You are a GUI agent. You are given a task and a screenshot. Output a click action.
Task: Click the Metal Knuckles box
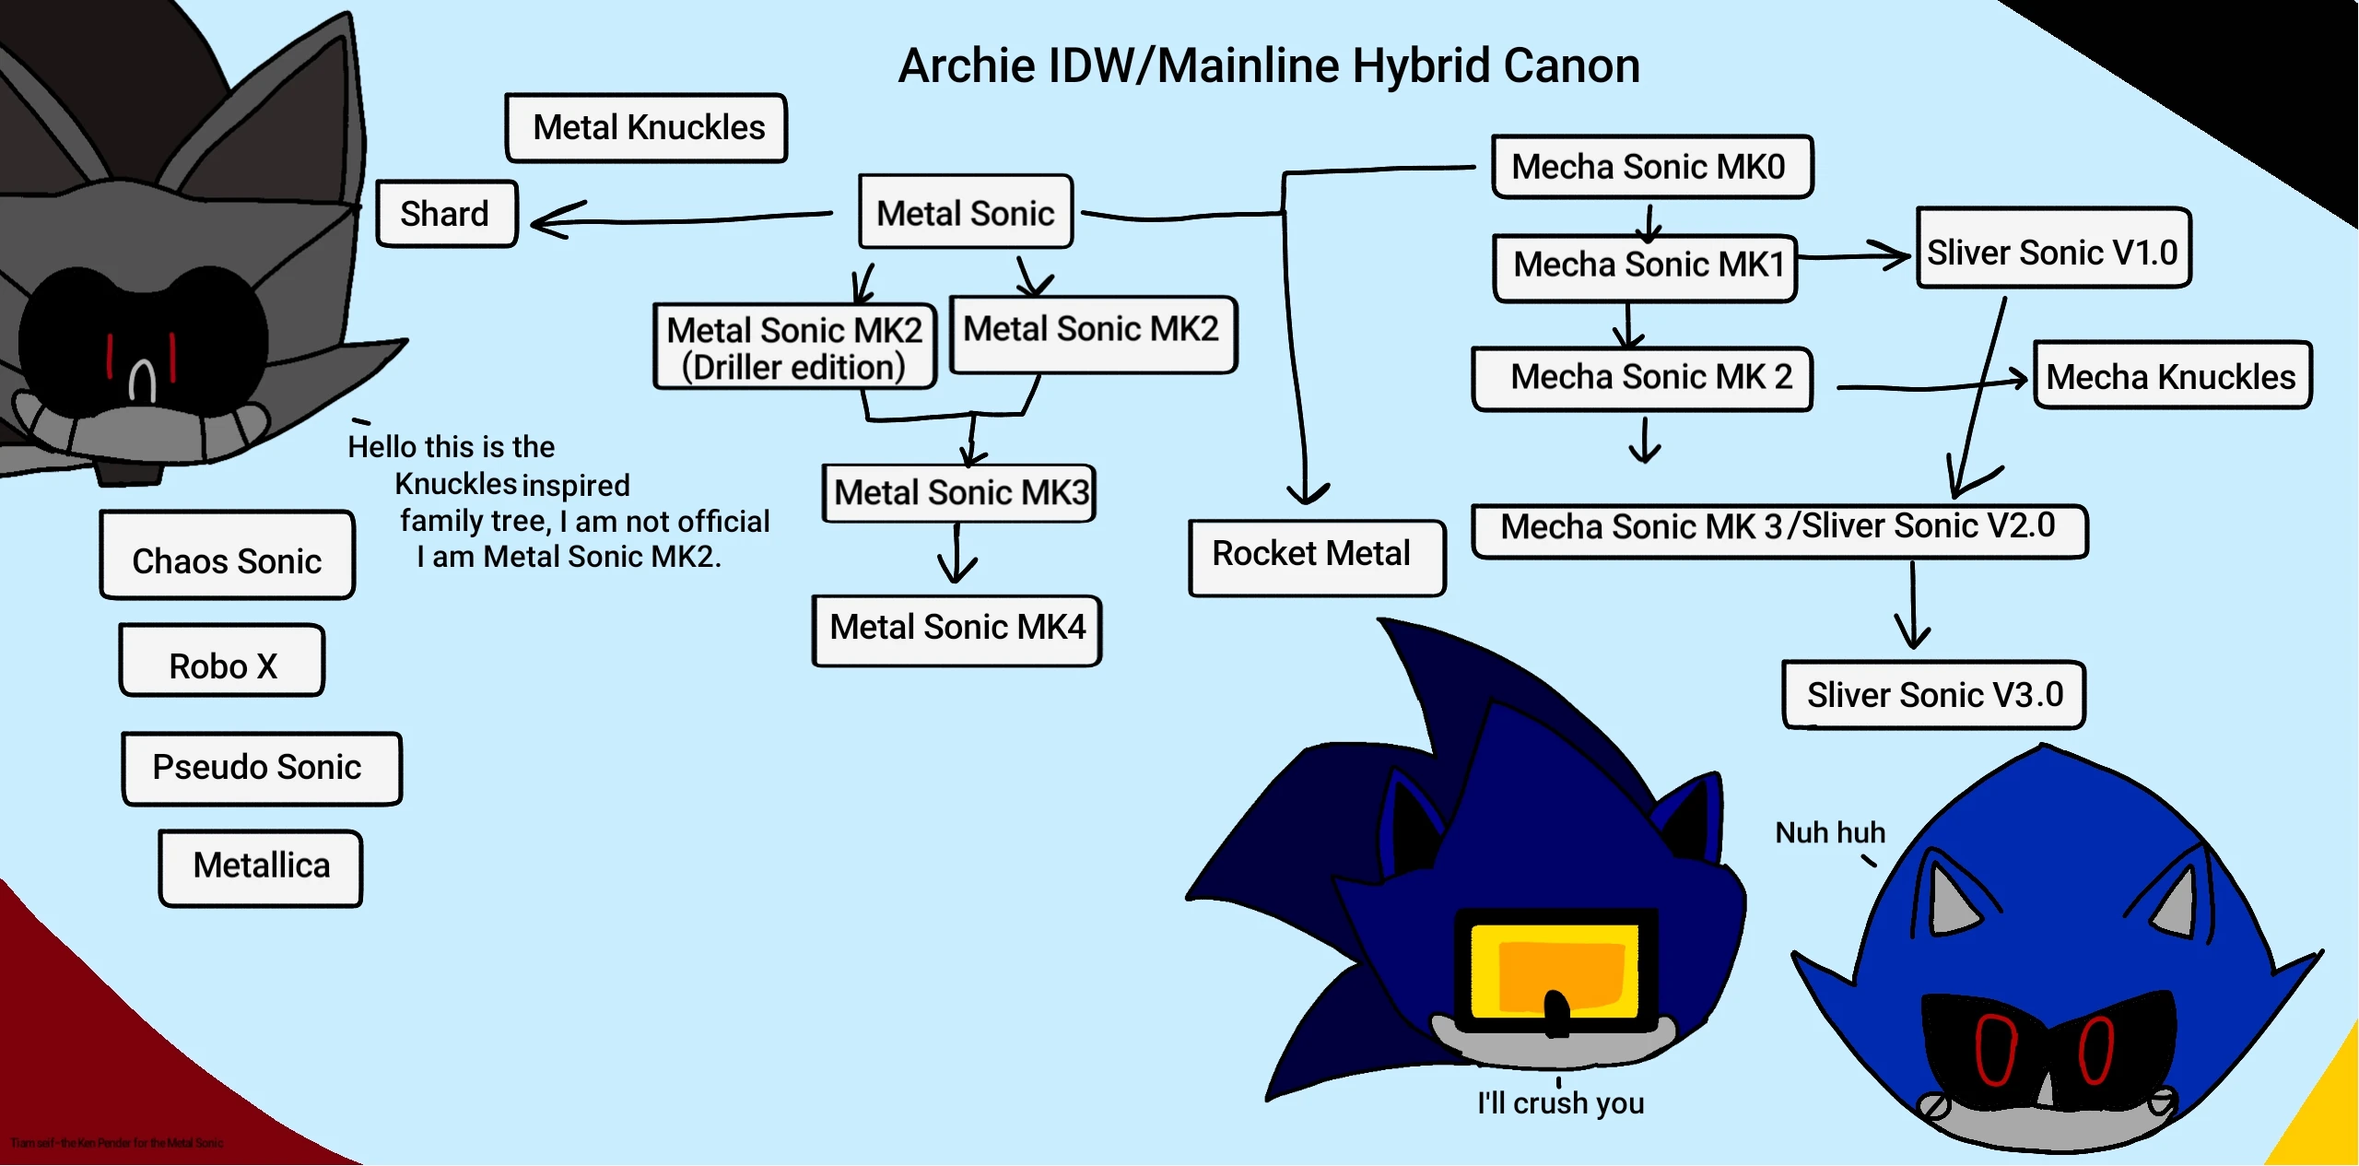click(x=647, y=128)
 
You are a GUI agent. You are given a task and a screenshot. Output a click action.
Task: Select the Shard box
click(x=447, y=214)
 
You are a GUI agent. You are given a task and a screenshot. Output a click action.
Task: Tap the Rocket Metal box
click(x=1316, y=557)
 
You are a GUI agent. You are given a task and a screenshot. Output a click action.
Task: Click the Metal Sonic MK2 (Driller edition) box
click(x=794, y=347)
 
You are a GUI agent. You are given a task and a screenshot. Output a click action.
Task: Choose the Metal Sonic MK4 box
click(x=957, y=630)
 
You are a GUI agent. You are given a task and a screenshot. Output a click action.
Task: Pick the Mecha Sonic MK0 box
click(x=1651, y=167)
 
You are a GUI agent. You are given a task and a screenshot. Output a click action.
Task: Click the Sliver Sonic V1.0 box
click(x=2053, y=250)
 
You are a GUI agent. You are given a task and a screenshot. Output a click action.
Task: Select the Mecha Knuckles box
click(x=2172, y=376)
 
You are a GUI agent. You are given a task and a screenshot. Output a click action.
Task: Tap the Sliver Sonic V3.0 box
click(x=1933, y=695)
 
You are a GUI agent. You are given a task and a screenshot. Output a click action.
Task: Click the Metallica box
click(x=261, y=867)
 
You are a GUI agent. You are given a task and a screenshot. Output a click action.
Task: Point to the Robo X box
click(x=222, y=662)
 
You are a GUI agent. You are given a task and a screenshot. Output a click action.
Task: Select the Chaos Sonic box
click(x=228, y=556)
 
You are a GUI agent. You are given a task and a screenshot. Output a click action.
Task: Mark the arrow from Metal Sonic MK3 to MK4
click(x=957, y=556)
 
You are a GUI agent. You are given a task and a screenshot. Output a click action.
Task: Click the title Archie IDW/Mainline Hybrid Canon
click(x=1269, y=66)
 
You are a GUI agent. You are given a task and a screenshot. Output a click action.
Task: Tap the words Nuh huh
click(x=1830, y=832)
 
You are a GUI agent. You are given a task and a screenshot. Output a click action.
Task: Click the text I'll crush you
click(x=1560, y=1103)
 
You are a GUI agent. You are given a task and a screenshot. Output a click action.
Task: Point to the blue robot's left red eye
click(x=1995, y=1049)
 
